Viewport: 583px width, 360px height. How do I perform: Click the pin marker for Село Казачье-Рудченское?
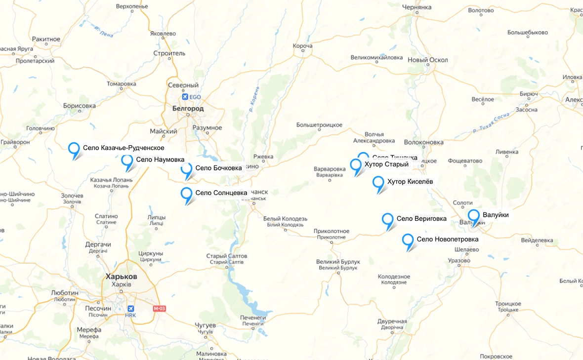pyautogui.click(x=74, y=149)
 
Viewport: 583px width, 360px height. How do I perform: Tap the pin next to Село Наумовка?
pyautogui.click(x=127, y=160)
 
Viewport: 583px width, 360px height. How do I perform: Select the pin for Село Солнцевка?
pyautogui.click(x=186, y=194)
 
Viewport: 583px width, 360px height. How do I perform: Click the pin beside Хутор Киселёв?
pyautogui.click(x=378, y=182)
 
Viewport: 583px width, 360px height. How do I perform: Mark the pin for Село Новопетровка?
pyautogui.click(x=408, y=240)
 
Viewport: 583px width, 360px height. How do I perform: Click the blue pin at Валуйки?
pyautogui.click(x=474, y=215)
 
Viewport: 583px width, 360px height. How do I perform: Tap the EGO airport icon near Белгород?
pyautogui.click(x=185, y=97)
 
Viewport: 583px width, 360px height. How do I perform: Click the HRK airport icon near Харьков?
pyautogui.click(x=131, y=308)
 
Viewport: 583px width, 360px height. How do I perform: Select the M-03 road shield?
pyautogui.click(x=160, y=309)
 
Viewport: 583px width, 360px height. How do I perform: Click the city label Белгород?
pyautogui.click(x=188, y=108)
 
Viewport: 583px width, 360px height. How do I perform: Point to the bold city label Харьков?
pyautogui.click(x=121, y=277)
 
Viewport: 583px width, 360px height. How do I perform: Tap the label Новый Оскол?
pyautogui.click(x=428, y=60)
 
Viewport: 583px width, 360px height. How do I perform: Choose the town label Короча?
pyautogui.click(x=302, y=46)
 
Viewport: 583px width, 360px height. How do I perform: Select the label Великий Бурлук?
pyautogui.click(x=338, y=261)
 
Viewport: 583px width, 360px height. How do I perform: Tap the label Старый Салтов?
pyautogui.click(x=226, y=256)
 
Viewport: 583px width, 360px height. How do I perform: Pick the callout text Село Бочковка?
pyautogui.click(x=218, y=168)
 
